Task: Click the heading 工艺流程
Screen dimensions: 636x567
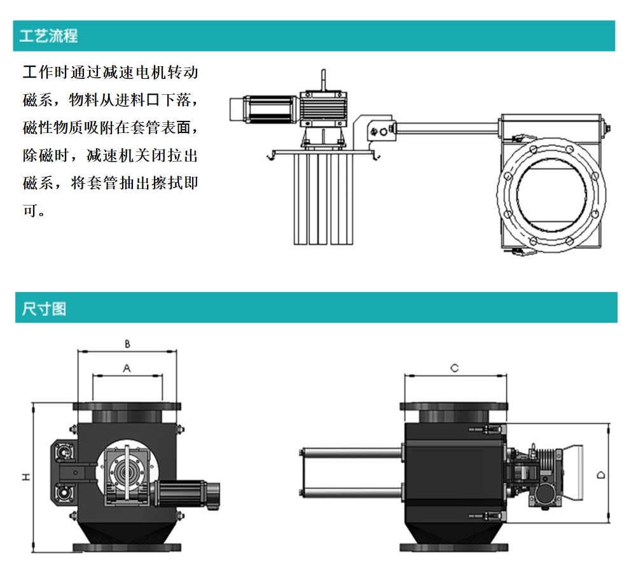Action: (49, 36)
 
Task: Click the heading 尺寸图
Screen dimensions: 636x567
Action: (44, 309)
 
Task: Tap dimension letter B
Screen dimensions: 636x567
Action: (127, 344)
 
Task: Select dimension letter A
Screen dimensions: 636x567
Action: (127, 368)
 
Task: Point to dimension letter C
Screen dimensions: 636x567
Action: (455, 368)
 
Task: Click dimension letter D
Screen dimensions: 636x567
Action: (601, 475)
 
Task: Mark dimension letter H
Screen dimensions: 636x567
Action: (26, 477)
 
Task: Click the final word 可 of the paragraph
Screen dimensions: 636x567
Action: (30, 210)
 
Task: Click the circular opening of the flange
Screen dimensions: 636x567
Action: (551, 194)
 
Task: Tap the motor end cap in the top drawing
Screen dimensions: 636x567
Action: (237, 109)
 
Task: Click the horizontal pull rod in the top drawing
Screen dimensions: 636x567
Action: (446, 129)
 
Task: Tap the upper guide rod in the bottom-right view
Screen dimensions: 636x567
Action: (352, 452)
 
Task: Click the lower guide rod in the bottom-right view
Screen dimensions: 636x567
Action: (352, 493)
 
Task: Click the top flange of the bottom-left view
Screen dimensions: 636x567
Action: (127, 407)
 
